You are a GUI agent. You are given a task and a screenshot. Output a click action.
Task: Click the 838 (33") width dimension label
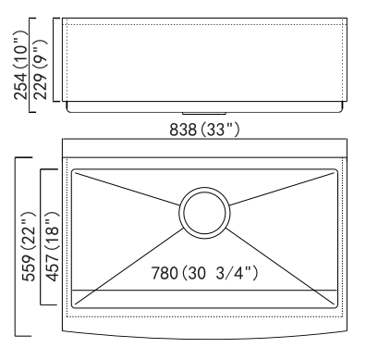[204, 130]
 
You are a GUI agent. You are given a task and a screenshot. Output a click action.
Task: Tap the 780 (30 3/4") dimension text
[204, 273]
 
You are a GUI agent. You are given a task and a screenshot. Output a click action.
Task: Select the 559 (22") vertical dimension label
[30, 246]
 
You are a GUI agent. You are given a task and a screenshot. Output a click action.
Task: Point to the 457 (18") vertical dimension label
[52, 246]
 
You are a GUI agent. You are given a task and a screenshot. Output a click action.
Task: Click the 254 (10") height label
[20, 65]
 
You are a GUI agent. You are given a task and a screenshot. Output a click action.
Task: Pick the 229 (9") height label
[40, 69]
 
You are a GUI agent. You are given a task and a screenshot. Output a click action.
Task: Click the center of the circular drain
[204, 213]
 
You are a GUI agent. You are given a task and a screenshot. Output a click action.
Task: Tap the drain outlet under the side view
[204, 114]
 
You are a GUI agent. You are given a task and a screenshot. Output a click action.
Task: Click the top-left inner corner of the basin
[73, 170]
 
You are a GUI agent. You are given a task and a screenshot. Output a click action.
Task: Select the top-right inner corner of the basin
[335, 170]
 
